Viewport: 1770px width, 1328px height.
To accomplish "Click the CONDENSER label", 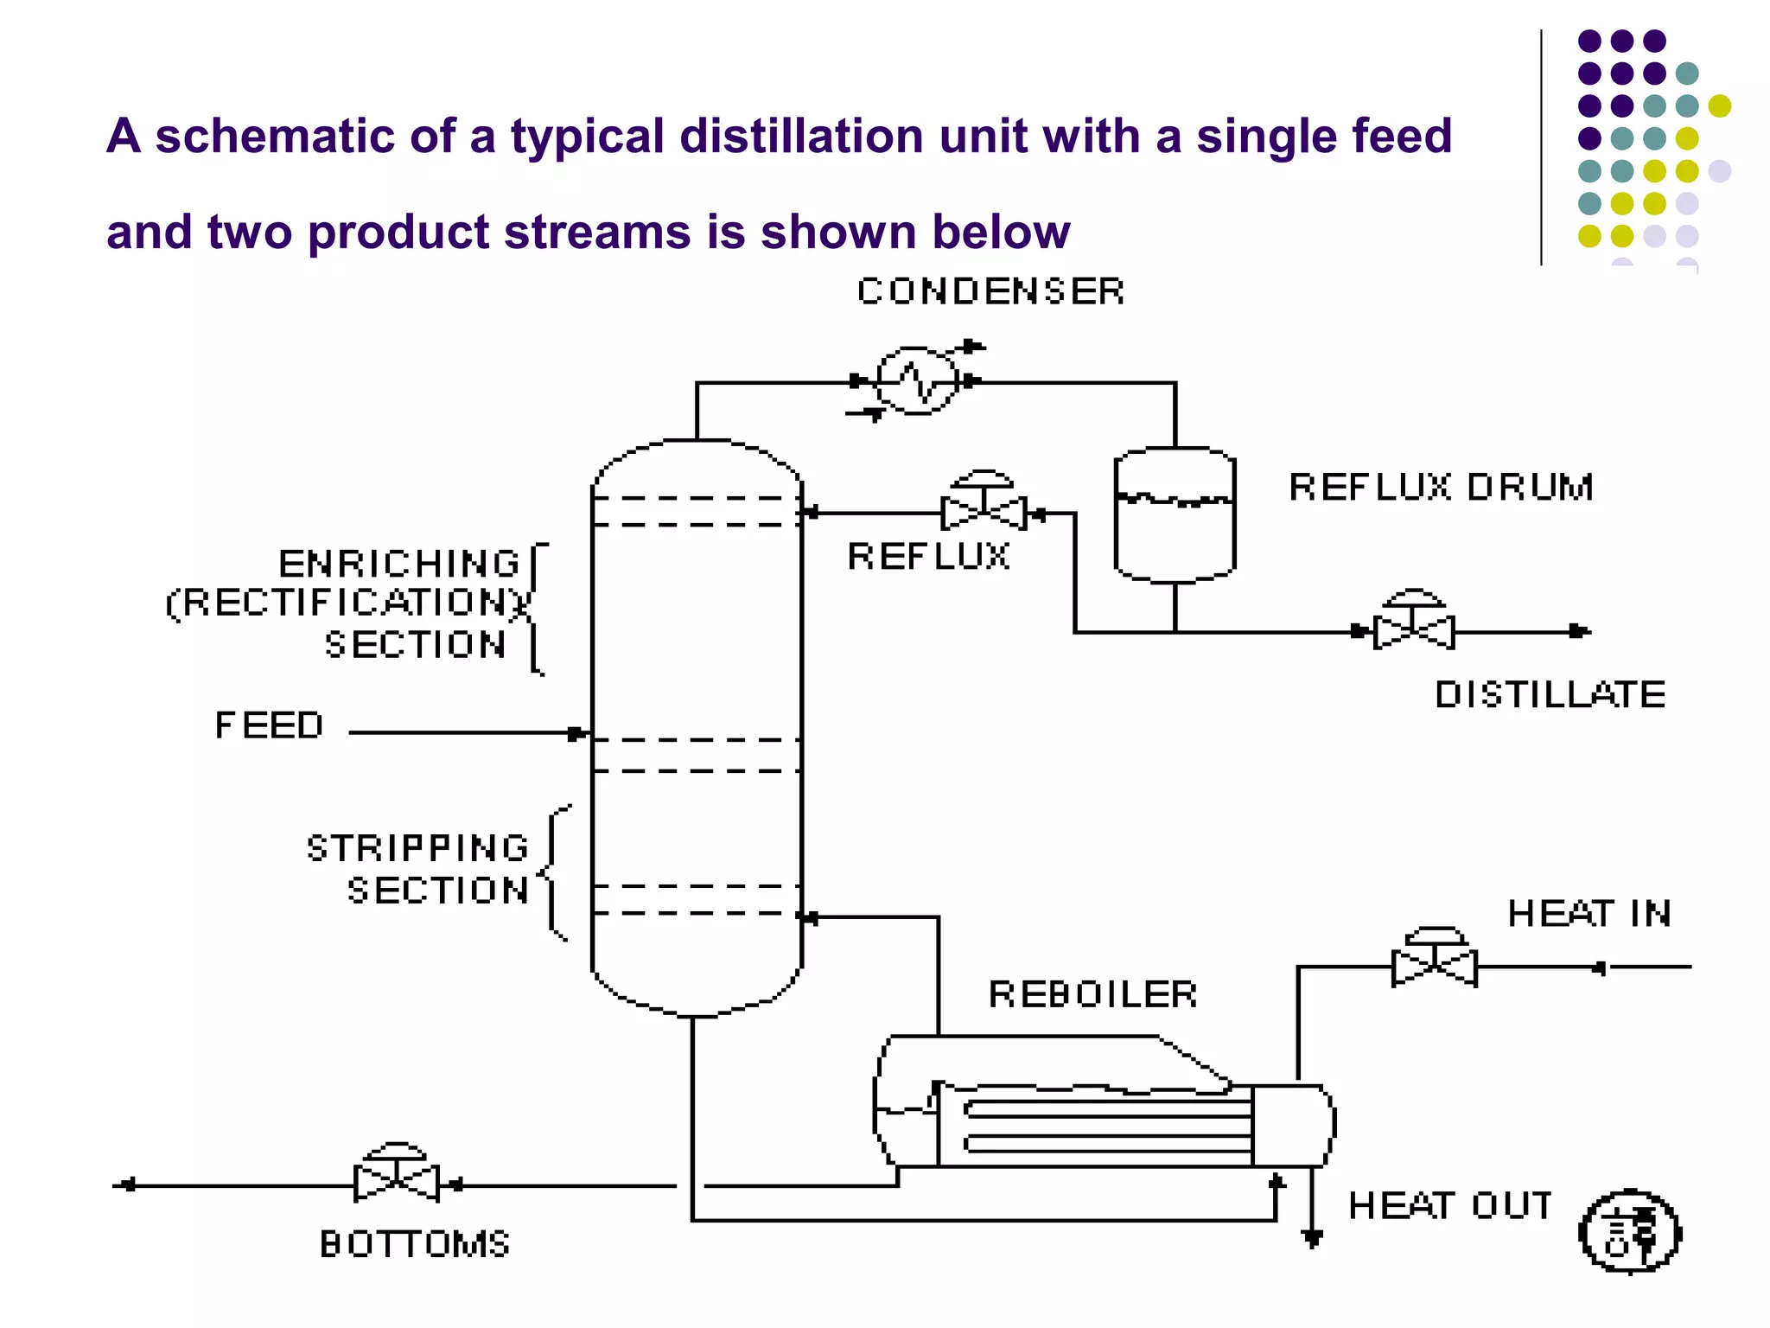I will pos(990,291).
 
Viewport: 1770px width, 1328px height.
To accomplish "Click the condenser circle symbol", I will pos(917,380).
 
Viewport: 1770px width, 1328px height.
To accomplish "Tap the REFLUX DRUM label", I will pos(1441,487).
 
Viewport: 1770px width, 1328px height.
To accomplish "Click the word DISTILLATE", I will pos(1550,694).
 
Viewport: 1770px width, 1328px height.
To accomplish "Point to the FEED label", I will pos(269,725).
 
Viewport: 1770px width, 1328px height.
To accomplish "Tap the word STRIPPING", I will pos(417,848).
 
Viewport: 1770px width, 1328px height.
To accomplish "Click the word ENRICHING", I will pos(398,564).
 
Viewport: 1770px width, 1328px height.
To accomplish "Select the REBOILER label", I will pos(1092,994).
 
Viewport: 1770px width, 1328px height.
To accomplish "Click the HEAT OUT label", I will pos(1449,1205).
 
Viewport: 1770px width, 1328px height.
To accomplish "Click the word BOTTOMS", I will pos(415,1244).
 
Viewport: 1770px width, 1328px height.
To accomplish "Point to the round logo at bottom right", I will pos(1629,1231).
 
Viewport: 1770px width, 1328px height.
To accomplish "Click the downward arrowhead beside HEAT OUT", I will pos(1312,1239).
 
